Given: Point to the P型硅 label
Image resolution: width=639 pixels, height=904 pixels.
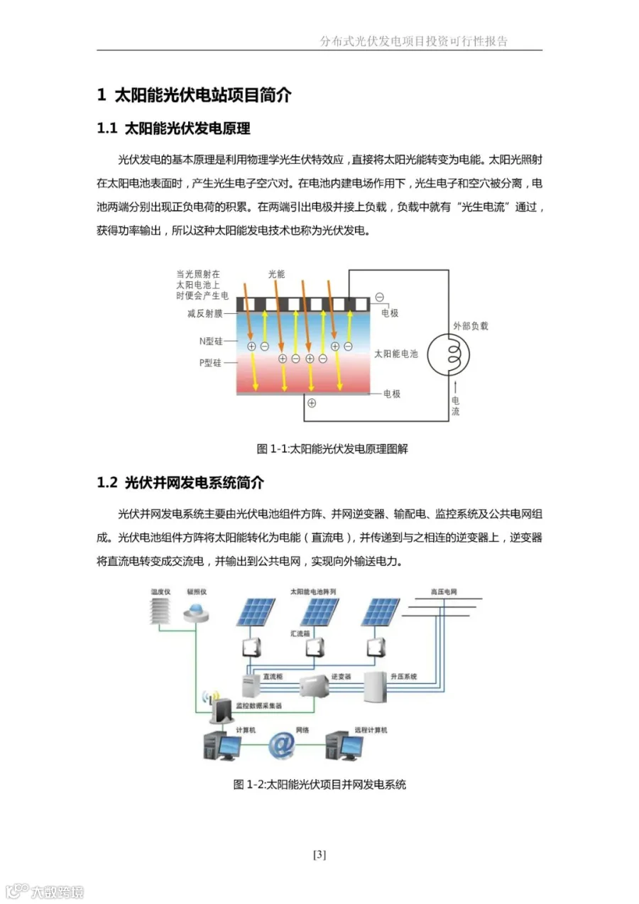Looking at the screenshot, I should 210,362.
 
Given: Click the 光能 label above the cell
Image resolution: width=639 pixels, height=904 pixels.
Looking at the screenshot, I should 276,273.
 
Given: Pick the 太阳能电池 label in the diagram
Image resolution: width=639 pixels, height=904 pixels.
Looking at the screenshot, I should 396,353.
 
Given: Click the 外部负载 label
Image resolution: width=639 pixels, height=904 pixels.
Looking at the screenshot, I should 471,326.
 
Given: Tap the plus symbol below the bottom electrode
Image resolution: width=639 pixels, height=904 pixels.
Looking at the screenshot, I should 312,403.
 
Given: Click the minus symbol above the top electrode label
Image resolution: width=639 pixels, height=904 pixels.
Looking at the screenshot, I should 380,297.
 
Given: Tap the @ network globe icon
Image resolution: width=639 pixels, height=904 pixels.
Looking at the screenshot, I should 282,745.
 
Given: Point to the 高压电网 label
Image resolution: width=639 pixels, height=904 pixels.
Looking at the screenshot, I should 444,592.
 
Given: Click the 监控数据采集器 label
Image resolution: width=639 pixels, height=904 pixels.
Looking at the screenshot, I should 259,706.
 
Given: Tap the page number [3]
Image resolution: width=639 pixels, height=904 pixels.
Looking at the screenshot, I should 319,855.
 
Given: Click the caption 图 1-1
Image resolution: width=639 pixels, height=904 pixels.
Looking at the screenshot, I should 271,449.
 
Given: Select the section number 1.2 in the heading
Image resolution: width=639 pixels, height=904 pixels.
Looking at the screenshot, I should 106,483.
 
